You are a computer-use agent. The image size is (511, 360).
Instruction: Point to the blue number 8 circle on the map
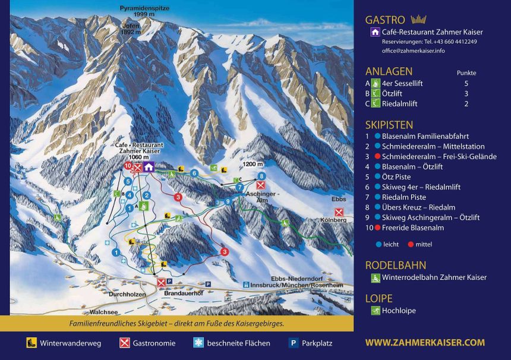[x=262, y=176]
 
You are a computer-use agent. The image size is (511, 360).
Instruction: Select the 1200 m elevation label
[x=253, y=163]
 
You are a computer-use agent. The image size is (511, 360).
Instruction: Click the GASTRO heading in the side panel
[x=385, y=20]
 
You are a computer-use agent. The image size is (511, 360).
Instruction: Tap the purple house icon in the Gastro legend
[x=375, y=32]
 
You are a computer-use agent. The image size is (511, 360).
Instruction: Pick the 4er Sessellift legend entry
[x=402, y=84]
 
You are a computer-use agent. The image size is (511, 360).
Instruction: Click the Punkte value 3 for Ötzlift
[x=466, y=94]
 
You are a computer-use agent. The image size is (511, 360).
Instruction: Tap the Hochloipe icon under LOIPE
[x=376, y=310]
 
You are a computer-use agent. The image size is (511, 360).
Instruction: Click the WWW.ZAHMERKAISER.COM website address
[x=425, y=343]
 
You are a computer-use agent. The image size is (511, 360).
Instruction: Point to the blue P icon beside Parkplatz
[x=293, y=343]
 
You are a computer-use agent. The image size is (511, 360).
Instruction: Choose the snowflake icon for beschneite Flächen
[x=198, y=343]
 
